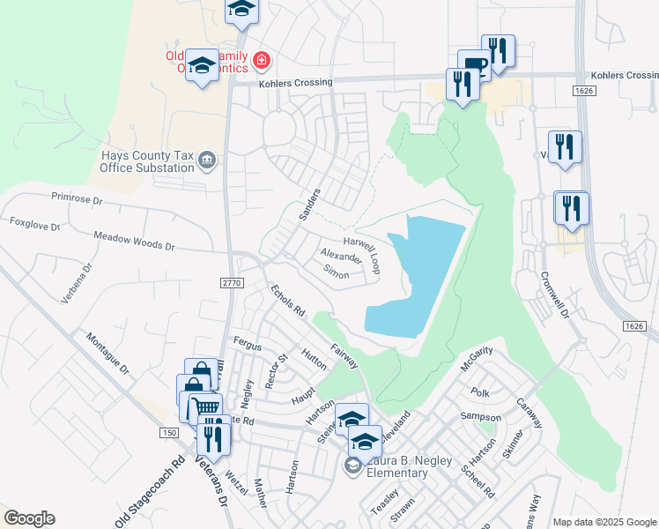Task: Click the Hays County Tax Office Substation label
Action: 144,160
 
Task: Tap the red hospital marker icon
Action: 262,60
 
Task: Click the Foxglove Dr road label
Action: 34,225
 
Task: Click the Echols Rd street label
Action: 287,300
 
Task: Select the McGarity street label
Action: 476,363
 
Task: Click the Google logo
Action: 29,518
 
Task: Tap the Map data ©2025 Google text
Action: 603,522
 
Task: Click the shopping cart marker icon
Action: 204,408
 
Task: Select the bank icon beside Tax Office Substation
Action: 207,160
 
